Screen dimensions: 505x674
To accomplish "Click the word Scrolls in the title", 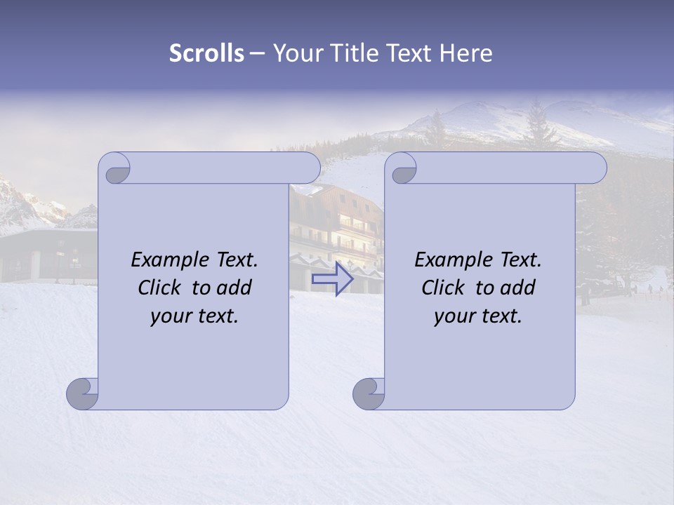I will pos(206,53).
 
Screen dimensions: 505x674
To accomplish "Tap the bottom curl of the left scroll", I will pos(83,393).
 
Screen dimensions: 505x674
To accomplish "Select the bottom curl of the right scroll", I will pos(369,393).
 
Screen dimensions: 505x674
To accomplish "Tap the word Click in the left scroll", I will pos(159,288).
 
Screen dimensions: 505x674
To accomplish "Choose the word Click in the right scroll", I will pos(442,288).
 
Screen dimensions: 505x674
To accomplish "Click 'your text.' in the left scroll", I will pos(194,316).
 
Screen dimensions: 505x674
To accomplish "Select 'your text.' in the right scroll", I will pos(478,316).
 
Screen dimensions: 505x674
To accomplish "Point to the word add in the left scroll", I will pos(234,288).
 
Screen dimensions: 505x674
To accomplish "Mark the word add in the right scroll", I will pos(517,288).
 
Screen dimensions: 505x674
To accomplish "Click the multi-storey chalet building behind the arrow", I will pos(337,224).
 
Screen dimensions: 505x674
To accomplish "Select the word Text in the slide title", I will pos(414,53).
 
